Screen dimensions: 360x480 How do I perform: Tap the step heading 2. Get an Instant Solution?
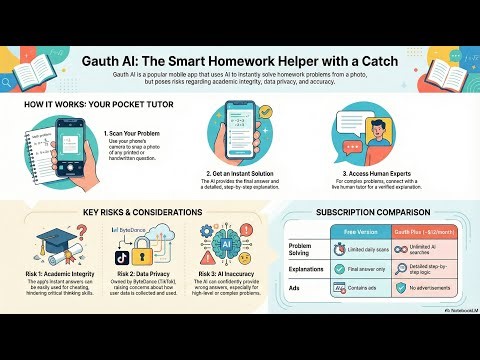point(237,172)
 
